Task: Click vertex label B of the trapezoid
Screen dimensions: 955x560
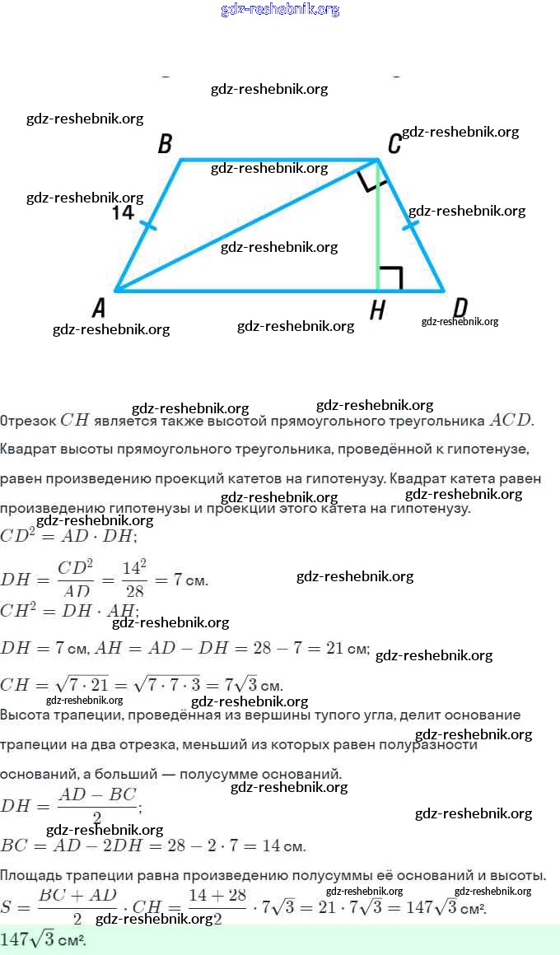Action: coord(165,145)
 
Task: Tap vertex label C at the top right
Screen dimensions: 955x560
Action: coord(394,145)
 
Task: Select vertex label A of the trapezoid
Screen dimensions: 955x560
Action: coord(100,309)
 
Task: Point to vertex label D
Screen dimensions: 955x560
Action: coord(460,308)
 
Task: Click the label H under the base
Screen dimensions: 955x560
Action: coord(377,310)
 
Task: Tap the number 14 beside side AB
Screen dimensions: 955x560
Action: coord(123,213)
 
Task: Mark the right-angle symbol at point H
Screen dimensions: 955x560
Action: coord(390,278)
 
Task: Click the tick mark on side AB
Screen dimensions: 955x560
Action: coord(147,225)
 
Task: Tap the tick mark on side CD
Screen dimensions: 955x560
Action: coord(411,225)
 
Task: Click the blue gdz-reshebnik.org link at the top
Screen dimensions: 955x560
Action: coord(280,10)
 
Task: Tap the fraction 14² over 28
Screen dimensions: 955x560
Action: coord(133,579)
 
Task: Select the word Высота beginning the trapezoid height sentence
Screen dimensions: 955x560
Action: coord(26,715)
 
